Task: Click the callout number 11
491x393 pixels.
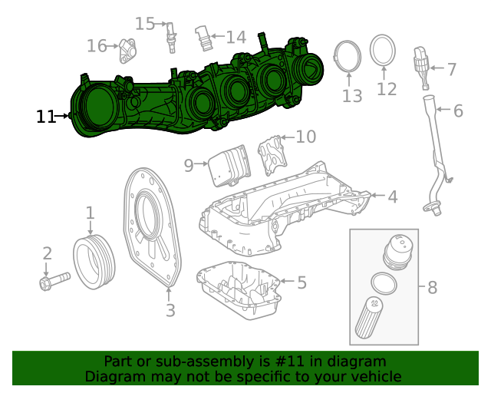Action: pos(45,117)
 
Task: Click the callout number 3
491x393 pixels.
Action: pos(170,310)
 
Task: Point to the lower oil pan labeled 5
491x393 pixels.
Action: pos(239,291)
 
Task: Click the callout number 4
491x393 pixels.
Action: pos(392,197)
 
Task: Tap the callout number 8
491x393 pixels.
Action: pos(432,288)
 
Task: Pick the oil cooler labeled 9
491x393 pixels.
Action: pos(229,163)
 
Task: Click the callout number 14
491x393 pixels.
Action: pos(236,37)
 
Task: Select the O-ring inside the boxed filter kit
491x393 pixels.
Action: pos(381,282)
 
